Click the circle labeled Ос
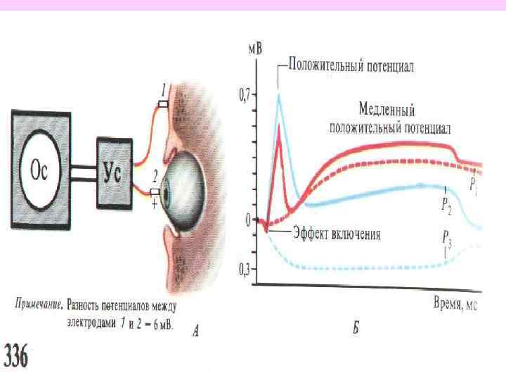(41, 169)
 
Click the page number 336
(18, 357)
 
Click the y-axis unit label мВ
(257, 49)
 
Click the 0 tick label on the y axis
(248, 220)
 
